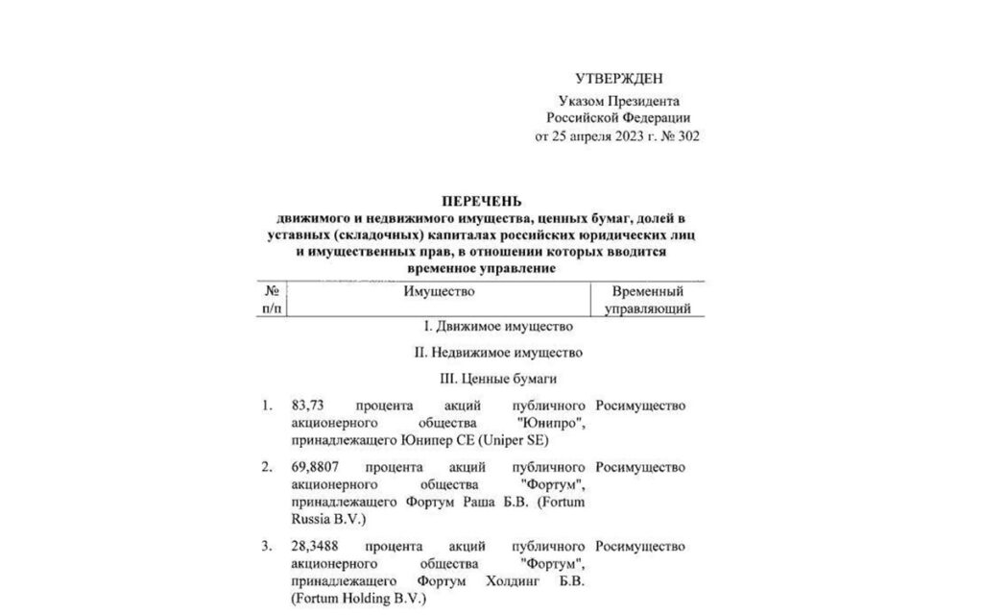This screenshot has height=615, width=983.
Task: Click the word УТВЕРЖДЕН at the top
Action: (x=618, y=79)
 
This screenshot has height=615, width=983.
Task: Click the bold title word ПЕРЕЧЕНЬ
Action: (x=482, y=202)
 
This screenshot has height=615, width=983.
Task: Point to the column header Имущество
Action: (x=439, y=290)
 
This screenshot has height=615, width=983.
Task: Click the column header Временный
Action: (x=647, y=290)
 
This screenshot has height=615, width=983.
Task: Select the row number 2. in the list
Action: (x=268, y=467)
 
